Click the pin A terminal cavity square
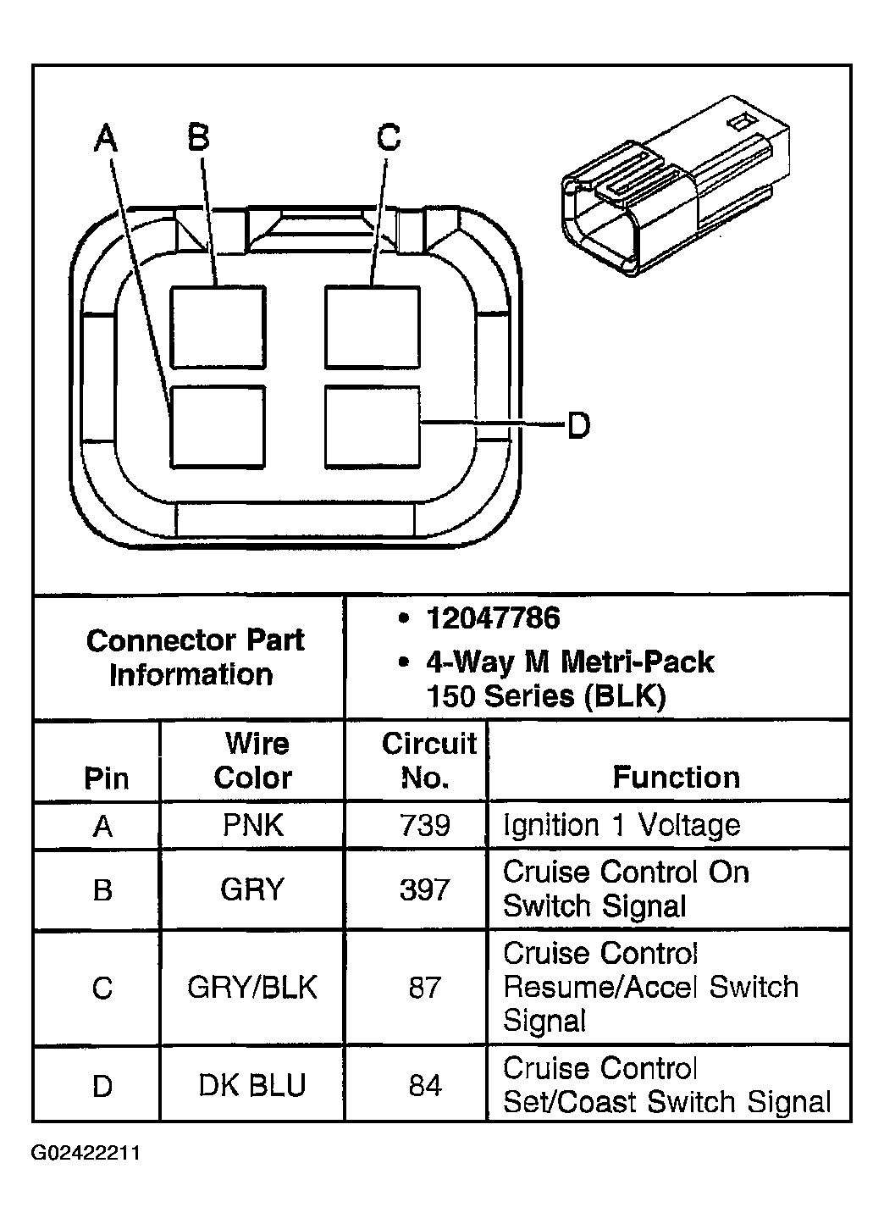point(218,426)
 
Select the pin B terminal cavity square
point(218,326)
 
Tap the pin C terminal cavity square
point(373,326)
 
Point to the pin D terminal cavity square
point(373,426)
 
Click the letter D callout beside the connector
point(578,424)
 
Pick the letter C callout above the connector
point(388,136)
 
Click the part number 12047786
point(492,618)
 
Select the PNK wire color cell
point(252,824)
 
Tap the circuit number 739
point(424,824)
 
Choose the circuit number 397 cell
point(424,889)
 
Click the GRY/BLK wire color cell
point(252,987)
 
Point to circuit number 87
point(424,987)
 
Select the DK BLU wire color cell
point(252,1085)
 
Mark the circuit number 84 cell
point(424,1085)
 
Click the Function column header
point(676,777)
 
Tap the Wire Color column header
point(253,760)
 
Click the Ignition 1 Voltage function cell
point(622,824)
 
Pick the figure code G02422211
point(86,1153)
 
